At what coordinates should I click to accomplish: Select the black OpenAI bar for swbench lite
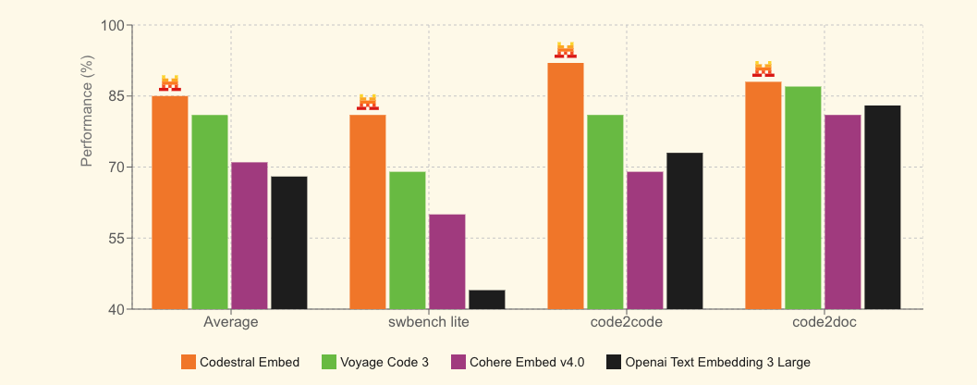pos(487,300)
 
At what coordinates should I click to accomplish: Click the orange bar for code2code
pos(566,185)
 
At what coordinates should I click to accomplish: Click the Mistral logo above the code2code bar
pos(566,50)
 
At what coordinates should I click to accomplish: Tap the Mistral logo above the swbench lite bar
pos(368,102)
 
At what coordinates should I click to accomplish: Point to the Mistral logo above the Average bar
pos(170,83)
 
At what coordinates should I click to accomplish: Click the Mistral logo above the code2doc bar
pos(763,68)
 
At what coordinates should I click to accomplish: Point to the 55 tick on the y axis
pos(114,238)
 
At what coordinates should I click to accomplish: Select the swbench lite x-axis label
pos(428,323)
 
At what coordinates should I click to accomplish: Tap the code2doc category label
pos(823,323)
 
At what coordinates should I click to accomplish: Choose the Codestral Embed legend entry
pos(240,362)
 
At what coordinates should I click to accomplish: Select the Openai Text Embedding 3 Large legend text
pos(717,362)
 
